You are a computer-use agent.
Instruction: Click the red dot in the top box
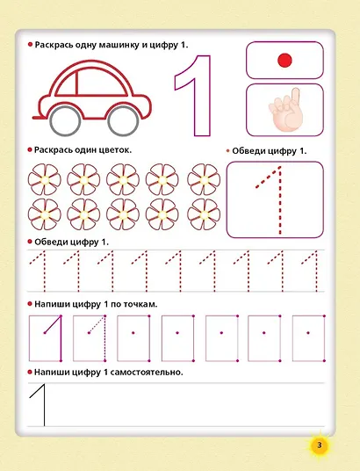(284, 61)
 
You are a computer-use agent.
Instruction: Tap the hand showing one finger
(285, 111)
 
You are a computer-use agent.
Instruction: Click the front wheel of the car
(123, 120)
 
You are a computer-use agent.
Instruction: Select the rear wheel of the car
(66, 120)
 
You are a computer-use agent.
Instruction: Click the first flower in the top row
(45, 179)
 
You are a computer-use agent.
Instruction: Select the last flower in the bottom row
(204, 214)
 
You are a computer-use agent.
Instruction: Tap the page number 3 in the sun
(319, 445)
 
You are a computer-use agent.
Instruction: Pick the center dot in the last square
(308, 332)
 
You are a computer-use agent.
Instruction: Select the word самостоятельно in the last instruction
(147, 373)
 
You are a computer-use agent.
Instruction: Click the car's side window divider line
(76, 83)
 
